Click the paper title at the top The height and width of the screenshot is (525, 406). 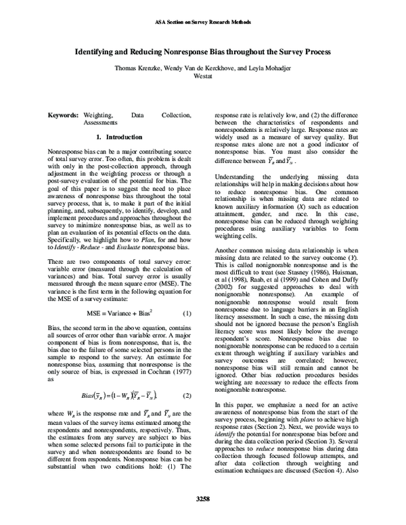tap(203, 51)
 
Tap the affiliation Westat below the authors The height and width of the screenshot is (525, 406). tap(203, 78)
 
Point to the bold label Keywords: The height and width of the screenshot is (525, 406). tap(67, 116)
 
